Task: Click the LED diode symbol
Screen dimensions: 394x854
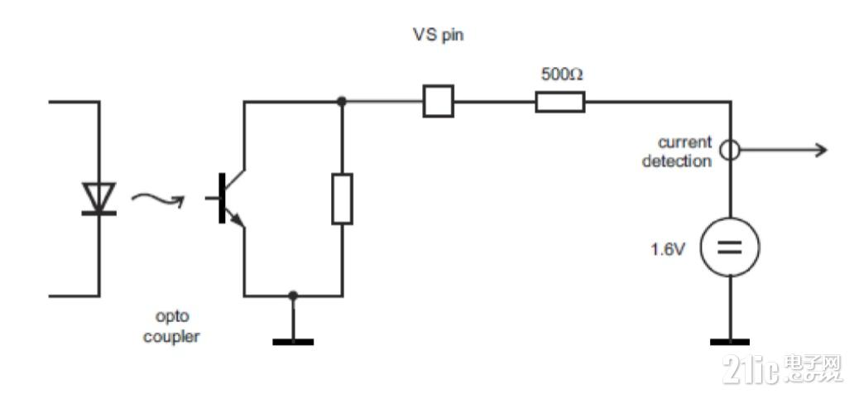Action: (98, 199)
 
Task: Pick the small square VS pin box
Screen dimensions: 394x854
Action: (438, 102)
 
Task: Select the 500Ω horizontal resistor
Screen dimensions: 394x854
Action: (560, 102)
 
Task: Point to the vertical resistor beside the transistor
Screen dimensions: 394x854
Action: (342, 199)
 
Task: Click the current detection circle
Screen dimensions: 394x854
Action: (730, 150)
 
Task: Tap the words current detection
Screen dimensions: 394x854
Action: (677, 151)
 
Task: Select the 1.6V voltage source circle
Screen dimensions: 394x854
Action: (730, 247)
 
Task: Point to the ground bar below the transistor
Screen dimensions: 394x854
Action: (293, 341)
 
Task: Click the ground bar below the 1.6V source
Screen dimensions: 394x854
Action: (730, 341)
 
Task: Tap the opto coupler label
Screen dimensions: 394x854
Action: (171, 328)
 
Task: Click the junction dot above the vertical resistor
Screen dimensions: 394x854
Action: (342, 101)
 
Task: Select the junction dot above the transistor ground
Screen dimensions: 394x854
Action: (293, 295)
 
